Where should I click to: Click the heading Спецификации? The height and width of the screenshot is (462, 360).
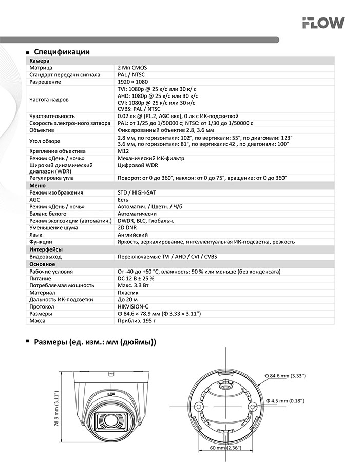[62, 52]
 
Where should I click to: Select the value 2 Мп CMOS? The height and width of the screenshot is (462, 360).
[132, 68]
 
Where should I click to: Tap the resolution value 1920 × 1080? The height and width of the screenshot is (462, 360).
[132, 82]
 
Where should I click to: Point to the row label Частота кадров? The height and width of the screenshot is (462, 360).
[49, 99]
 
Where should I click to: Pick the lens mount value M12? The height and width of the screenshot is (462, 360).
[123, 151]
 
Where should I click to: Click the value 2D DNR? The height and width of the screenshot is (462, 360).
[127, 227]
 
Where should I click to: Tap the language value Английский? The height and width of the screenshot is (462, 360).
[133, 235]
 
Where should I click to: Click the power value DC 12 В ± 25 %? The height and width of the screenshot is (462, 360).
[136, 278]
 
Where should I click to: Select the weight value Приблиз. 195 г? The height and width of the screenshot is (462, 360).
[137, 321]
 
